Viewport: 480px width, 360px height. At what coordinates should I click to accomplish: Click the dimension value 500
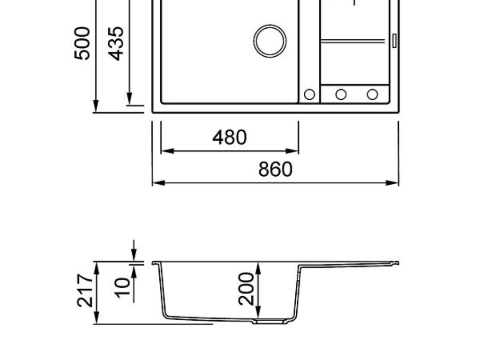[x=82, y=43]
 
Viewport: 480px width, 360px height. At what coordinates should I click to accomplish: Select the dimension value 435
[x=116, y=43]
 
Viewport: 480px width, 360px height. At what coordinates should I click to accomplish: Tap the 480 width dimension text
[x=229, y=138]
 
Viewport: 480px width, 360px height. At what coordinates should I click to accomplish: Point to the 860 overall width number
[x=275, y=169]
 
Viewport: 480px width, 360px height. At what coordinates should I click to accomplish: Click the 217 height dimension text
[x=85, y=291]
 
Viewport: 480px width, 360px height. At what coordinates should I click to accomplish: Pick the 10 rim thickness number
[x=122, y=287]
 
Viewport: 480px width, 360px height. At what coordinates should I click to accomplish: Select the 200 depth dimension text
[x=246, y=288]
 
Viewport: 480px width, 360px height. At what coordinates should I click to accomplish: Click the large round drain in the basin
[x=270, y=41]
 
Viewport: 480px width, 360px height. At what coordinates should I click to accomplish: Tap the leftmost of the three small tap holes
[x=309, y=94]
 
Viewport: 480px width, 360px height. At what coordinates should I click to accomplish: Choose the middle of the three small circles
[x=341, y=94]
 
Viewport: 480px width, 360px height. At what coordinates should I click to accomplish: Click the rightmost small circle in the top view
[x=372, y=94]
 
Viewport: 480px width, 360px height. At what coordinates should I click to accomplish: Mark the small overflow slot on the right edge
[x=394, y=41]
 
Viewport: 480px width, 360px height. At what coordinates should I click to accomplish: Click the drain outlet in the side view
[x=270, y=322]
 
